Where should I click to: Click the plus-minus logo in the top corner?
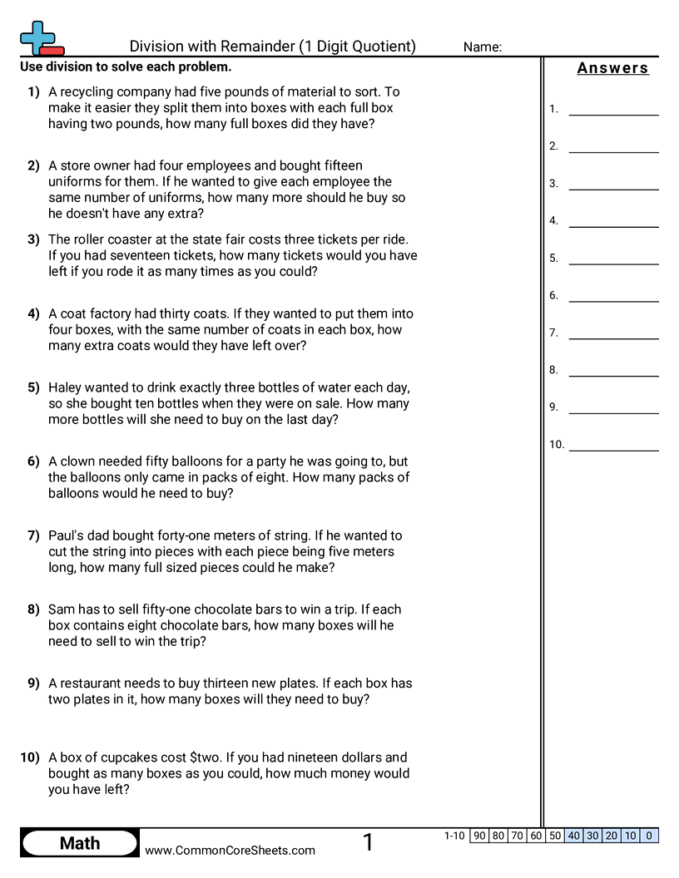41,39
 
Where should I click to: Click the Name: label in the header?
483,47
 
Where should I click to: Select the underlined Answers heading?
612,68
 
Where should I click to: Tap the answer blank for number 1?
613,109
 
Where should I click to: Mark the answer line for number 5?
613,258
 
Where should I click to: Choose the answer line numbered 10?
613,445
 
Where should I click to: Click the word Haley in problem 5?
66,387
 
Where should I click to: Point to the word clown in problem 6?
77,461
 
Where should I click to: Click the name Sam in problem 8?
61,609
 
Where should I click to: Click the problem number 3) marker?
33,239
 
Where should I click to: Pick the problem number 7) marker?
33,535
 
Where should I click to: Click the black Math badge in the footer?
80,844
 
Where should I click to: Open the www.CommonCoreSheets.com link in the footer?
230,850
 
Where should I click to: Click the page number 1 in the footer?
368,843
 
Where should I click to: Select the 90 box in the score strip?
479,836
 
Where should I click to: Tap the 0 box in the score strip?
649,836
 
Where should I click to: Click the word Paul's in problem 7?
66,535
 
